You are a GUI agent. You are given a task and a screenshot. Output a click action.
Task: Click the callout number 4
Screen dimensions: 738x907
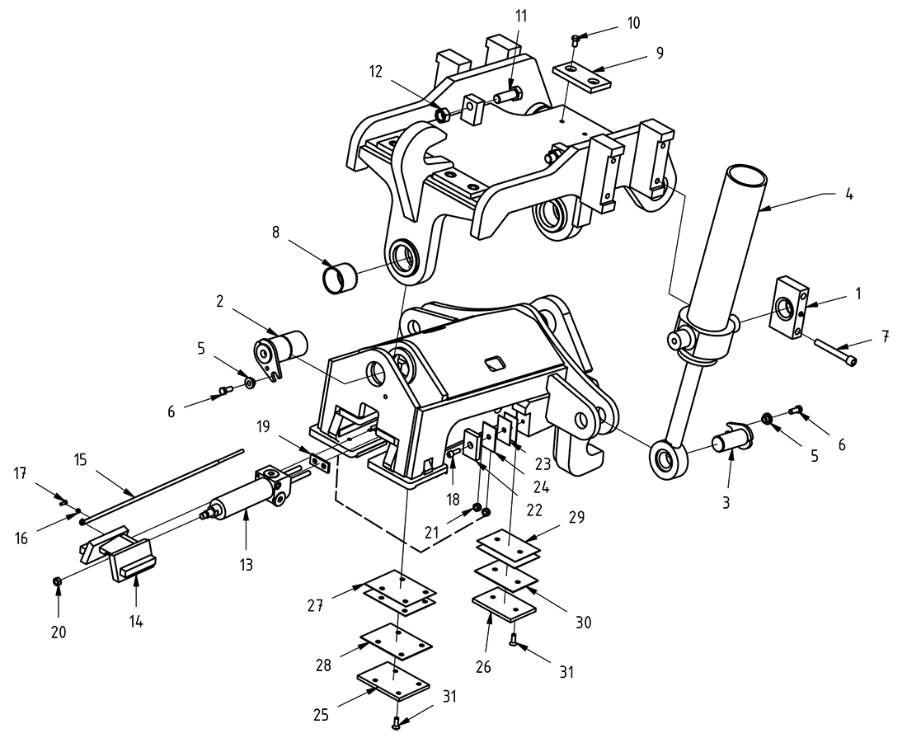pyautogui.click(x=849, y=197)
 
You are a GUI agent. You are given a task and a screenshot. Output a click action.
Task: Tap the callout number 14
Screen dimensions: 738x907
pyautogui.click(x=136, y=622)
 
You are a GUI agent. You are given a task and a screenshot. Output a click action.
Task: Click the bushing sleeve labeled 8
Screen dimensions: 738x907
pyautogui.click(x=338, y=275)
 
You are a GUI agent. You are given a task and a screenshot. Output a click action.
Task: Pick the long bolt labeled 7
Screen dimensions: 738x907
pyautogui.click(x=836, y=352)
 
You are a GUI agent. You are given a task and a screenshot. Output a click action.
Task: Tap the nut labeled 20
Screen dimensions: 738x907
pyautogui.click(x=57, y=582)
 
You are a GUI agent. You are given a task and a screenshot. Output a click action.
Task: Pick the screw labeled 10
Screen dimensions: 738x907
pyautogui.click(x=576, y=38)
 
